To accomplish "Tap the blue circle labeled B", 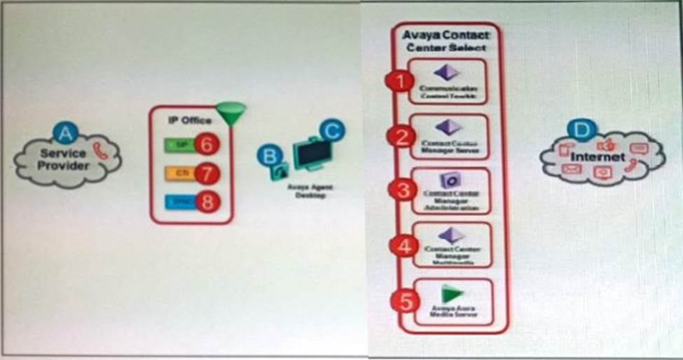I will point(267,155).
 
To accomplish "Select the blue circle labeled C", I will point(331,130).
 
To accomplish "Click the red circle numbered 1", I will point(401,81).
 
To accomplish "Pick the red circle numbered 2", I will point(401,136).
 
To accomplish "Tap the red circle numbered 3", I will point(401,190).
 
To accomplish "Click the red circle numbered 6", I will point(207,144).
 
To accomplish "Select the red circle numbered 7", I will point(207,173).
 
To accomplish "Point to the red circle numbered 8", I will point(207,202).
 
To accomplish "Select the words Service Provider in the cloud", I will point(63,159).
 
